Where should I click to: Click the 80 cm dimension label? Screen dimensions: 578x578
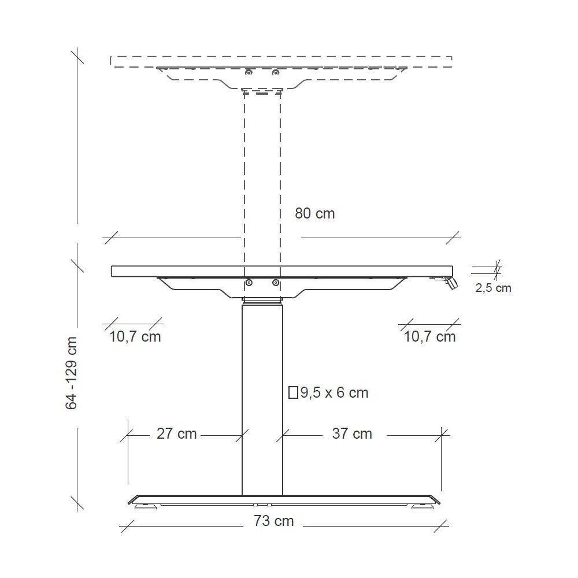[x=314, y=213]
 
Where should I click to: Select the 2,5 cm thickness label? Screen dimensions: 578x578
[x=493, y=288]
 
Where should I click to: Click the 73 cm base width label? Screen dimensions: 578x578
[x=273, y=521]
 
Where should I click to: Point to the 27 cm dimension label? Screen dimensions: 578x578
[x=176, y=433]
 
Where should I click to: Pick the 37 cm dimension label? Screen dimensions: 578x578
[x=352, y=433]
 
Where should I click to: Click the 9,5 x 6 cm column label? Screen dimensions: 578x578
[x=334, y=393]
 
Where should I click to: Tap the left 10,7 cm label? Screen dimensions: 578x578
[x=135, y=336]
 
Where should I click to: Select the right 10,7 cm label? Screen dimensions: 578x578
[x=429, y=336]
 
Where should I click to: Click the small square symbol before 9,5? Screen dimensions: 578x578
[x=293, y=393]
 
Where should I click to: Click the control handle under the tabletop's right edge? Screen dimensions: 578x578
[x=450, y=282]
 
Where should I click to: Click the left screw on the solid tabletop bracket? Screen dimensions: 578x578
[x=249, y=283]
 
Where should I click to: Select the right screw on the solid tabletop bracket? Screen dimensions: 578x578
[x=276, y=283]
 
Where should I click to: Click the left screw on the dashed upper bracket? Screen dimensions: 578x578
[x=249, y=72]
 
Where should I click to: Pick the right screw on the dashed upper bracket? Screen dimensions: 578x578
[x=276, y=72]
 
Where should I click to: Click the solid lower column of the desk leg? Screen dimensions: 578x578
[x=262, y=399]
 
